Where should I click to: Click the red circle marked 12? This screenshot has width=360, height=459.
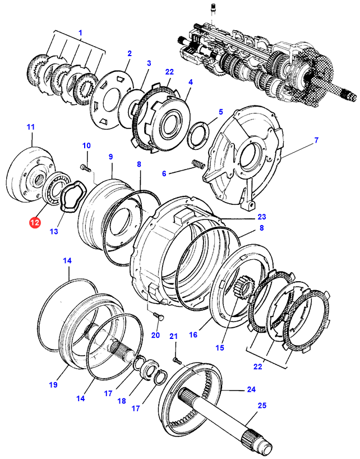(35, 223)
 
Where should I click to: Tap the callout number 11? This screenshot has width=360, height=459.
(30, 128)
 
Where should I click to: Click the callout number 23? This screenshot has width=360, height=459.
(262, 217)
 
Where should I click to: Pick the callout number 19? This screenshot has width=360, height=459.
(53, 385)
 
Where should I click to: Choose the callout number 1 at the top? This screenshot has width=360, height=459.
(80, 33)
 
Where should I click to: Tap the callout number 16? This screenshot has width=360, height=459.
(193, 335)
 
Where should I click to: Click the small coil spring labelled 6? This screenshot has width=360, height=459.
(197, 164)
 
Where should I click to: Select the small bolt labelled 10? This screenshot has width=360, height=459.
(84, 167)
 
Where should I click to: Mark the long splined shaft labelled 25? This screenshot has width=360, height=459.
(224, 419)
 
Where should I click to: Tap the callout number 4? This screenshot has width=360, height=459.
(191, 82)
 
